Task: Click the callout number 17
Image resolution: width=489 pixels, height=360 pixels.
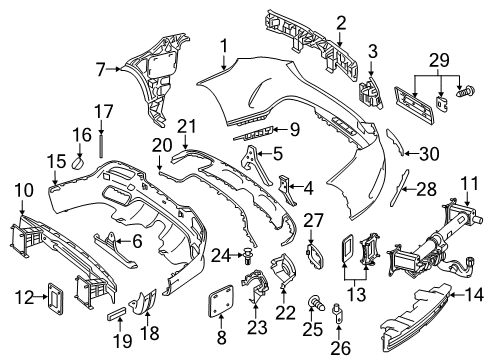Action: pos(104,111)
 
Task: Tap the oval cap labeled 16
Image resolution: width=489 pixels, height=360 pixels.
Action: pos(79,163)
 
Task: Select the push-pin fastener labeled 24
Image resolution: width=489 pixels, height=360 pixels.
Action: pos(248,256)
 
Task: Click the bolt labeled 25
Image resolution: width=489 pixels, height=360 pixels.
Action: pos(316,302)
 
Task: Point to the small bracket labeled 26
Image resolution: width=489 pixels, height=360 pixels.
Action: pos(337,314)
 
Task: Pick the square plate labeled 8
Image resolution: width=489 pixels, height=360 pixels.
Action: pos(221,300)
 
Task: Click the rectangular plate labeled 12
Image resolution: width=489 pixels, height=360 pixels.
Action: pos(55,299)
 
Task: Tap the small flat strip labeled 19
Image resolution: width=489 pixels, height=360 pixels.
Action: pos(117,313)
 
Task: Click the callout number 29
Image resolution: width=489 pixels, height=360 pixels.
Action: pos(439,60)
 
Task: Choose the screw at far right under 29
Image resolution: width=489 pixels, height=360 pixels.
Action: pos(466,91)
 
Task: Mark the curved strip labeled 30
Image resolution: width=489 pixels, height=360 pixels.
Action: pos(396,142)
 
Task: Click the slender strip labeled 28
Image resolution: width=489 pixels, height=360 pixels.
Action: pos(399,187)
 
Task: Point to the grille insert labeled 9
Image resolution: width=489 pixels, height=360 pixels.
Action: pos(255,134)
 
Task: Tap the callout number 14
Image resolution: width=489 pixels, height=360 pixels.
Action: pos(473,295)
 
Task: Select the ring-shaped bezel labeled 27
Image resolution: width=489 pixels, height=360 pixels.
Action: pos(314,257)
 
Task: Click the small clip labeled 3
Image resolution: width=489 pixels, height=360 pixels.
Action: pos(370,91)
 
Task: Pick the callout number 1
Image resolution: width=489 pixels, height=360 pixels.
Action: pos(224,46)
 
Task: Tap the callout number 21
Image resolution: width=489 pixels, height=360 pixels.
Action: pos(187,127)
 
